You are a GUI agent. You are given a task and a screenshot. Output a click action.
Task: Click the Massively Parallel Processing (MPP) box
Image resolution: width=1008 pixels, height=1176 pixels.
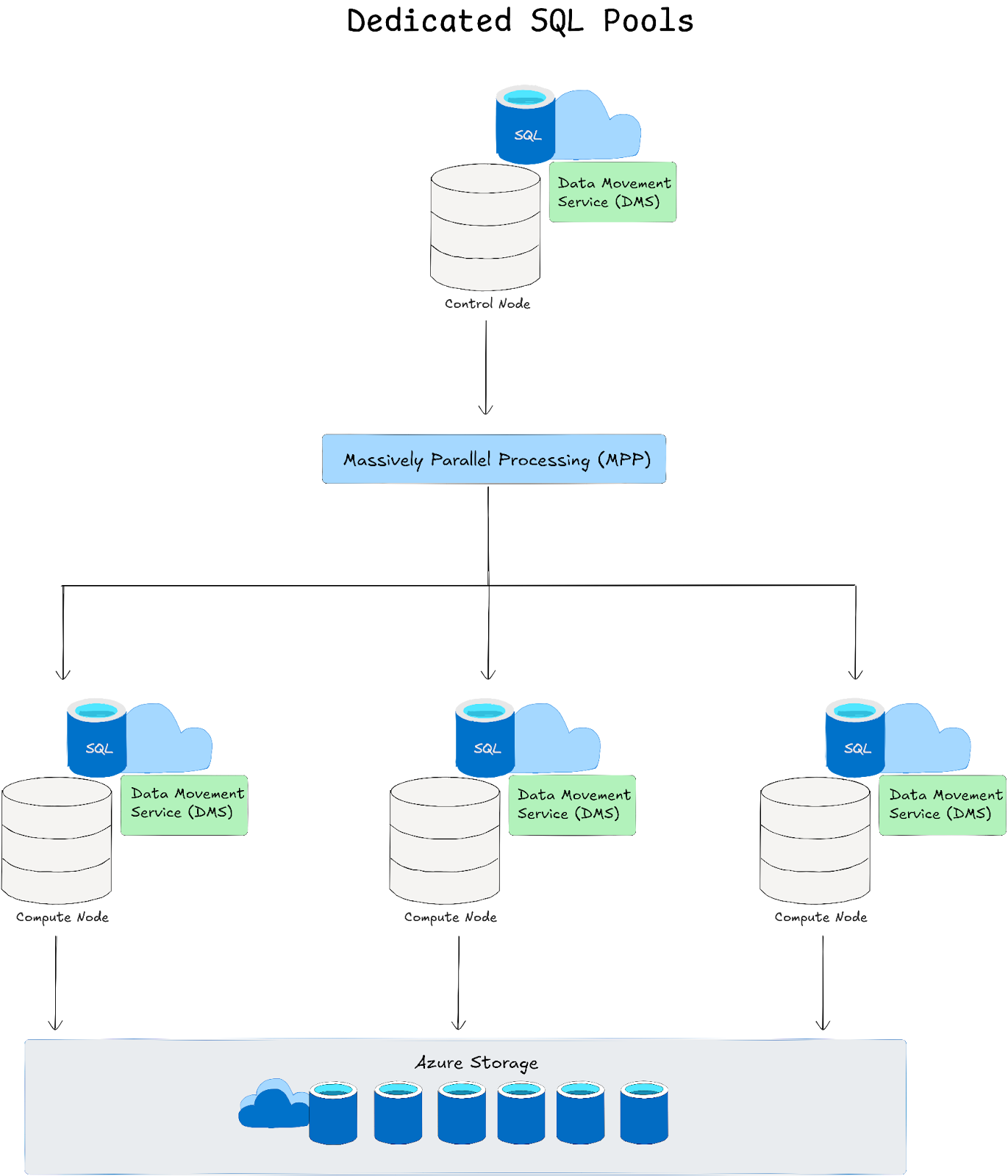(494, 459)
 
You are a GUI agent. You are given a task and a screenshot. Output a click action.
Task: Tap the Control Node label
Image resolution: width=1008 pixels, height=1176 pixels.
(487, 304)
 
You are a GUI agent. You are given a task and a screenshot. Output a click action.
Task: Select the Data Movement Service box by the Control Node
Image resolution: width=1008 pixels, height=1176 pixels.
(612, 192)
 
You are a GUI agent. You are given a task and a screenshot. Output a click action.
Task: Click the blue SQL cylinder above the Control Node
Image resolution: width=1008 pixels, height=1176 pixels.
(525, 125)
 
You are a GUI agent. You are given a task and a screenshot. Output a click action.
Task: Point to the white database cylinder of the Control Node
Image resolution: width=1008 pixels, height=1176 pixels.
(485, 228)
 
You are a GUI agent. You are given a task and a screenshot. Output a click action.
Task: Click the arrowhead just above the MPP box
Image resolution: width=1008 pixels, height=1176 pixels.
(485, 410)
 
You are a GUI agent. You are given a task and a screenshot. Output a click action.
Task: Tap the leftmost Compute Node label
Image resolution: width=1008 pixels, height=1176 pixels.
(62, 917)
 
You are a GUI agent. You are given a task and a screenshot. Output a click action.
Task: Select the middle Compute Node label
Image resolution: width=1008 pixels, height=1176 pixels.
(451, 917)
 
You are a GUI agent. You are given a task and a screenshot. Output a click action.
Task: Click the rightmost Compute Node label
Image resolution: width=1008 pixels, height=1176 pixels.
(821, 917)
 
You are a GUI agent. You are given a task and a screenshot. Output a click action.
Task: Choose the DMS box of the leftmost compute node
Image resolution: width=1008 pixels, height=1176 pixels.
(184, 805)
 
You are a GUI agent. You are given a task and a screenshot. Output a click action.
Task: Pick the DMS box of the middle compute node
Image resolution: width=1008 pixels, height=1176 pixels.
(572, 805)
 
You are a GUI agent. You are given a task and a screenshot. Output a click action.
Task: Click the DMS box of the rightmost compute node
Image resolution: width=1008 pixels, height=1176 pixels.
(943, 805)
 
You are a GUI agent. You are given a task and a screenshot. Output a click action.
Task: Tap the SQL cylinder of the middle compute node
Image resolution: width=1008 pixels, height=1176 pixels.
(485, 739)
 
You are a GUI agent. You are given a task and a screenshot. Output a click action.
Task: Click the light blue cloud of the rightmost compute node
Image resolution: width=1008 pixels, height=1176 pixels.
(930, 739)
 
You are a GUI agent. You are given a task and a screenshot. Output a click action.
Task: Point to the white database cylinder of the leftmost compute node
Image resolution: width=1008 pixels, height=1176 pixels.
(57, 842)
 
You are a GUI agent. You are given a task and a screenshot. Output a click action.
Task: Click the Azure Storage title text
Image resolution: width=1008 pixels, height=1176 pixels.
(476, 1063)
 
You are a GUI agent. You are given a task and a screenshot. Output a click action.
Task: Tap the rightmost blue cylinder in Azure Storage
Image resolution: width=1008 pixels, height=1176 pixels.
(644, 1113)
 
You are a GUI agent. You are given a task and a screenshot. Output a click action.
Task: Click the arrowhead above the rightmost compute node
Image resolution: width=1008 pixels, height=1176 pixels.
(855, 675)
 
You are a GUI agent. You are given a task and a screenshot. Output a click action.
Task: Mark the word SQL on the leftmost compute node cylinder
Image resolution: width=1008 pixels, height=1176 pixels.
(99, 749)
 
